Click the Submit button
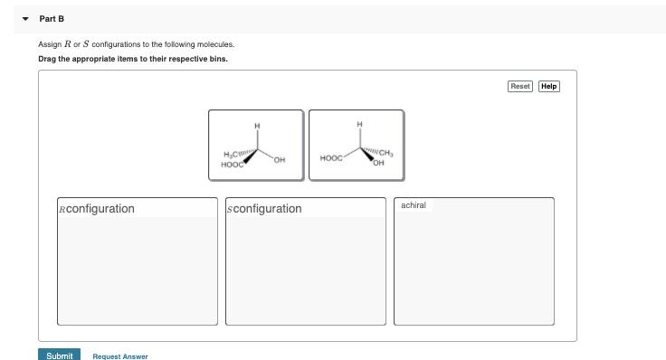click(59, 355)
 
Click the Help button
click(548, 86)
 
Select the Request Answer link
click(119, 356)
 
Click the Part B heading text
click(52, 19)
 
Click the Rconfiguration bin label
click(96, 209)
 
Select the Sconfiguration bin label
click(264, 209)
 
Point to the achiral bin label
click(413, 205)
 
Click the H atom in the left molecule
click(257, 125)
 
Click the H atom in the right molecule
click(359, 124)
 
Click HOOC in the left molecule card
click(233, 164)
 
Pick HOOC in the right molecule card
click(331, 158)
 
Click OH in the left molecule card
click(280, 160)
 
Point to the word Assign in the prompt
click(49, 43)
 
